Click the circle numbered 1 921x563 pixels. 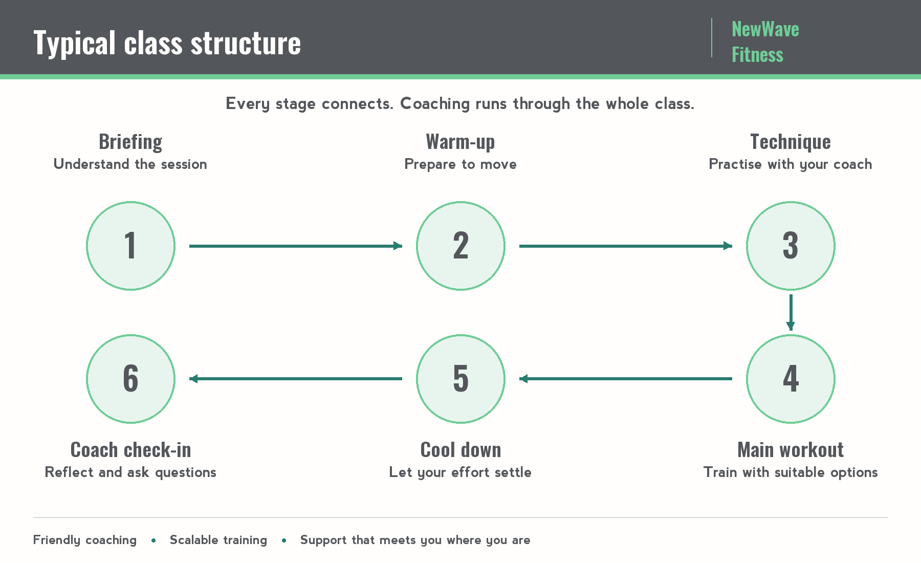(x=130, y=246)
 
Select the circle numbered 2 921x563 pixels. (x=461, y=246)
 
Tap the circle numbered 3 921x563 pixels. (x=791, y=246)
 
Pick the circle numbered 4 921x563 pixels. (x=791, y=379)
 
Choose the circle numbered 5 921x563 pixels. (x=461, y=379)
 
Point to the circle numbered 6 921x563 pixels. (x=130, y=379)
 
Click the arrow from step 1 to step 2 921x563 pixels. (x=296, y=246)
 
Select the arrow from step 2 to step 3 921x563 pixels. (x=626, y=246)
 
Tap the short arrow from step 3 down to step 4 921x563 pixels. (x=791, y=312)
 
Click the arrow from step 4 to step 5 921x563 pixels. (x=626, y=379)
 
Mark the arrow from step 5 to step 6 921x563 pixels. (x=296, y=379)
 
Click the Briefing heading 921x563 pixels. (x=130, y=142)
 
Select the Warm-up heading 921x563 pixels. (x=461, y=142)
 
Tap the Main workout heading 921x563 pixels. (x=791, y=450)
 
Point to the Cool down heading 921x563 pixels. (x=461, y=450)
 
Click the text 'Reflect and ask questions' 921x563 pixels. (x=130, y=472)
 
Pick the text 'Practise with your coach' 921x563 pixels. (x=791, y=164)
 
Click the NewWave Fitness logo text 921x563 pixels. (x=765, y=41)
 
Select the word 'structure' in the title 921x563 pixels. (x=246, y=43)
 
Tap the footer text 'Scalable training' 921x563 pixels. (x=218, y=540)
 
